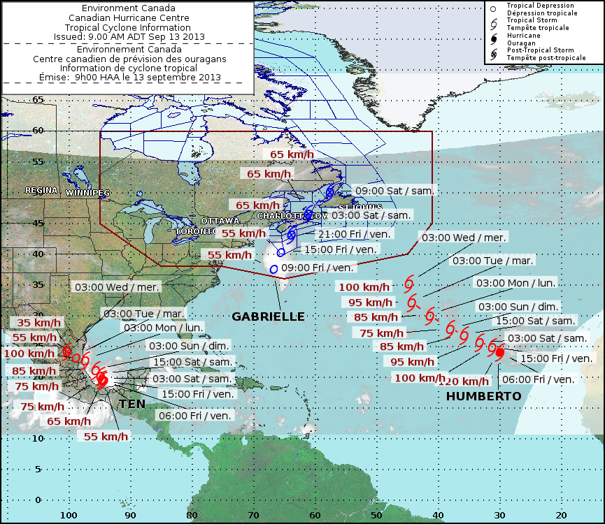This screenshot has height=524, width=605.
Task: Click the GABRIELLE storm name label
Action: tap(269, 316)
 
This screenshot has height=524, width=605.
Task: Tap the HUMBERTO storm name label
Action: tap(484, 396)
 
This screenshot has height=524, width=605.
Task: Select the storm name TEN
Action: tap(132, 405)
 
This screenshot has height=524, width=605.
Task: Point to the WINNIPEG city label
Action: tap(87, 192)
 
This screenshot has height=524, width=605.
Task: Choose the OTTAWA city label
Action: tap(220, 221)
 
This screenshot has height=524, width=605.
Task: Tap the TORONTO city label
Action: tap(197, 231)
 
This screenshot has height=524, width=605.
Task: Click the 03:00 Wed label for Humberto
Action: tap(462, 238)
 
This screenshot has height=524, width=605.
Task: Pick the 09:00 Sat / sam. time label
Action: tap(394, 190)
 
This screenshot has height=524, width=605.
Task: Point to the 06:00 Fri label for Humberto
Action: tap(539, 379)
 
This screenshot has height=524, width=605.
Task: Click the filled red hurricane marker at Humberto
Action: tap(499, 352)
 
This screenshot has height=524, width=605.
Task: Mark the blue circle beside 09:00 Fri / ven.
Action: tap(273, 269)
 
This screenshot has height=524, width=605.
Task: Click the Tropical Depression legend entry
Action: tap(541, 6)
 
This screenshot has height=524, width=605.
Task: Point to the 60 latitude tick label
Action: tap(38, 130)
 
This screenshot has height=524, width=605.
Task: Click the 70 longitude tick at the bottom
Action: tap(253, 515)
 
